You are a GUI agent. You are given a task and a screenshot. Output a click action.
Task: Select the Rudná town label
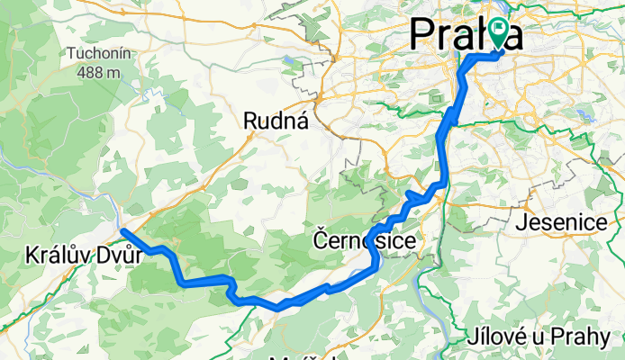pos(276,121)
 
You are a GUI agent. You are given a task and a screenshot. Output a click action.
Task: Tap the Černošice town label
pos(366,241)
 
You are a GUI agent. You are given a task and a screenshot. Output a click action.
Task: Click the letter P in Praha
pos(425,33)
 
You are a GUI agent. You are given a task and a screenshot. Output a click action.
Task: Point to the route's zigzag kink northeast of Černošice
pos(415,197)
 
